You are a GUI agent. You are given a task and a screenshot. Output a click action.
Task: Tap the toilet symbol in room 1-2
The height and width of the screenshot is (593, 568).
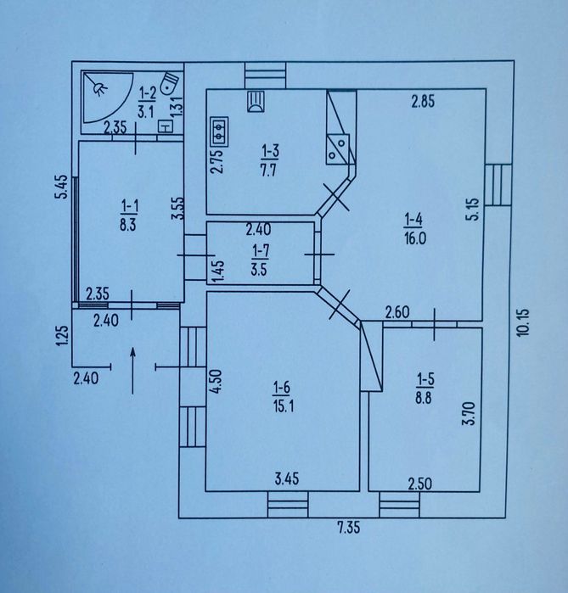pyautogui.click(x=169, y=83)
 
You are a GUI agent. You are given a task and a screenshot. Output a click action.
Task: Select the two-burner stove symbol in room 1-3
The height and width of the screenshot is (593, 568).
pyautogui.click(x=220, y=131)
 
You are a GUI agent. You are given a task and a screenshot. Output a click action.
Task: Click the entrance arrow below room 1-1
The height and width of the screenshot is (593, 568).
pyautogui.click(x=132, y=371)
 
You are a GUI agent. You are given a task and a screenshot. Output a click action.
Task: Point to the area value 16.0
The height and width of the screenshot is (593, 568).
pyautogui.click(x=415, y=239)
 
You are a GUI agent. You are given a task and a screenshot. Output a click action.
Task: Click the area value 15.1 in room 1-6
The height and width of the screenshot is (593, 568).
pyautogui.click(x=283, y=406)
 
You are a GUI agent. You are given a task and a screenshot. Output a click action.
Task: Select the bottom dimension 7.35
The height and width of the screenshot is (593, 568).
pyautogui.click(x=349, y=527)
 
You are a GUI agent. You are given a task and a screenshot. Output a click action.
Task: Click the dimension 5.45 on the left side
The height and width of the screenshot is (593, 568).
pyautogui.click(x=61, y=187)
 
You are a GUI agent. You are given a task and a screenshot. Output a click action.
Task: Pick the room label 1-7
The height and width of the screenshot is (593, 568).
pyautogui.click(x=261, y=250)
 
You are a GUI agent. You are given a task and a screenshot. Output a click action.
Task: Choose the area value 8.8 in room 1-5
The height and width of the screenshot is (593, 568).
pyautogui.click(x=424, y=399)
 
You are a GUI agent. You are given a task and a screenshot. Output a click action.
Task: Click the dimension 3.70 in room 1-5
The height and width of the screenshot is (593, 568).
pyautogui.click(x=470, y=414)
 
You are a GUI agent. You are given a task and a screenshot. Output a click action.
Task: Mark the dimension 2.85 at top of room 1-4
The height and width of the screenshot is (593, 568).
pyautogui.click(x=423, y=102)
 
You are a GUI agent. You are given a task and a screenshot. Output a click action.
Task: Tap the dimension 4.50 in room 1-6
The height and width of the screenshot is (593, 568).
pyautogui.click(x=216, y=382)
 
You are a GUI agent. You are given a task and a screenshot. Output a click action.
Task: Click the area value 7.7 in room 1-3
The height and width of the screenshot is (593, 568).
pyautogui.click(x=268, y=171)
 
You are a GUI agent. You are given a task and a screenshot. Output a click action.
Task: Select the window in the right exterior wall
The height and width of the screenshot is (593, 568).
pyautogui.click(x=498, y=185)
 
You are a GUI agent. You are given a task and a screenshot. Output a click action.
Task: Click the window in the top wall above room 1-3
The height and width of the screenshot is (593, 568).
pyautogui.click(x=265, y=76)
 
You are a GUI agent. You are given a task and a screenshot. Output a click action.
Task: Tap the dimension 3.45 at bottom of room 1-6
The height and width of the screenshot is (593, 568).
pyautogui.click(x=287, y=478)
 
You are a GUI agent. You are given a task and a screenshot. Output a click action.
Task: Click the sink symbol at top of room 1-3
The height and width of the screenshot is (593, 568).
pyautogui.click(x=256, y=101)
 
